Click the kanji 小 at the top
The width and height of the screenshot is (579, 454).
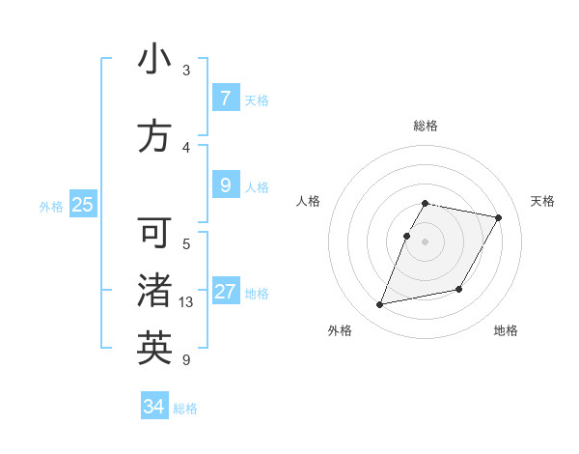click(x=154, y=60)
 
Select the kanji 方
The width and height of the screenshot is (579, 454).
click(x=154, y=136)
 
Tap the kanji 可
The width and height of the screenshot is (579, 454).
click(x=154, y=233)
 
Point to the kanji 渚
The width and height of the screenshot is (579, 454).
click(x=154, y=291)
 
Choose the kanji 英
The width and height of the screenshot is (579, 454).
click(x=154, y=348)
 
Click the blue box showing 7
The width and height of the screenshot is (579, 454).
click(x=225, y=99)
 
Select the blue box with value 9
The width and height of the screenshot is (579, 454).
click(x=225, y=185)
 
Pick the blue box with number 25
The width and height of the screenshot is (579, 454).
click(x=82, y=205)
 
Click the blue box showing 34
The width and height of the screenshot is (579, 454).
click(x=154, y=408)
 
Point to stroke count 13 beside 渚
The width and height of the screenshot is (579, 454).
click(x=186, y=302)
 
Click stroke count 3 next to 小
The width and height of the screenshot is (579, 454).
click(x=186, y=71)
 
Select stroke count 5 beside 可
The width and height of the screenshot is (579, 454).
click(x=186, y=243)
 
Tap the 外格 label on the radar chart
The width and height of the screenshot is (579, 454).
click(x=340, y=330)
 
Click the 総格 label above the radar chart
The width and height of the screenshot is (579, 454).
click(x=426, y=126)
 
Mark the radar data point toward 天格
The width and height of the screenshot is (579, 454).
click(x=498, y=218)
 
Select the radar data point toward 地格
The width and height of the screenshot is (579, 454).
click(x=459, y=289)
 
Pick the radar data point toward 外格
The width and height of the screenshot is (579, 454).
click(x=380, y=305)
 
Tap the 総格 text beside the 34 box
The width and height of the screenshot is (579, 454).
click(x=185, y=409)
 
